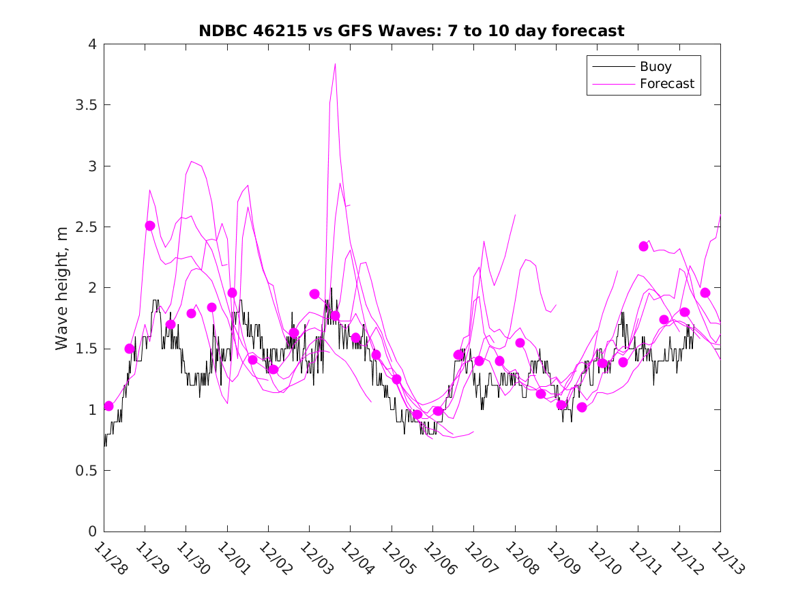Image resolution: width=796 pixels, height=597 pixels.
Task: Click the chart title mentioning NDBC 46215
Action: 411,31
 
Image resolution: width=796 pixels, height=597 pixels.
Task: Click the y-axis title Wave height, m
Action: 62,287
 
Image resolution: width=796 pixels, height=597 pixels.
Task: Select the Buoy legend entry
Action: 655,67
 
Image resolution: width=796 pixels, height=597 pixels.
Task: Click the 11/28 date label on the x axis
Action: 109,558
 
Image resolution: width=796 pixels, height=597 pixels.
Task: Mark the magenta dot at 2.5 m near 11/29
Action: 150,226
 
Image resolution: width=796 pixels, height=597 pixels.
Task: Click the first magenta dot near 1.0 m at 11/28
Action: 108,406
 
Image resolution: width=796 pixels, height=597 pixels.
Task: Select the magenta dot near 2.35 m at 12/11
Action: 643,246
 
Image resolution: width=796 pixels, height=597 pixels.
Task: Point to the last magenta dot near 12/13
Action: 705,293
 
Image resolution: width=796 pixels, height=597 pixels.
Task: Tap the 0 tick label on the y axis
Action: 91,532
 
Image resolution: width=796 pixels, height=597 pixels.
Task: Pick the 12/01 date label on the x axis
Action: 233,558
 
